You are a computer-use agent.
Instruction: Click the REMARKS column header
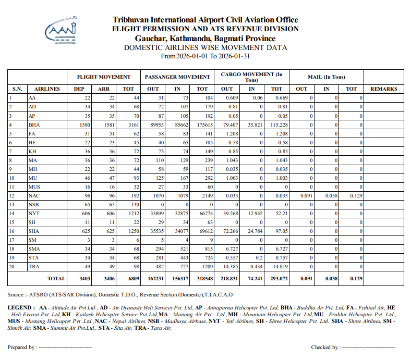point(383,89)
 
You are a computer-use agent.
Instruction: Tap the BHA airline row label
point(34,125)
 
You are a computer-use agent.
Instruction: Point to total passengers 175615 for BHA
point(203,125)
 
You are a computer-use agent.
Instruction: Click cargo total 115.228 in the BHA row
point(276,125)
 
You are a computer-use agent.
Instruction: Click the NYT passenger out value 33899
point(155,213)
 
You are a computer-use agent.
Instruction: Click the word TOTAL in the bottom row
point(56,279)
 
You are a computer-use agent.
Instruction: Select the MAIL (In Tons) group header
point(327,77)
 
